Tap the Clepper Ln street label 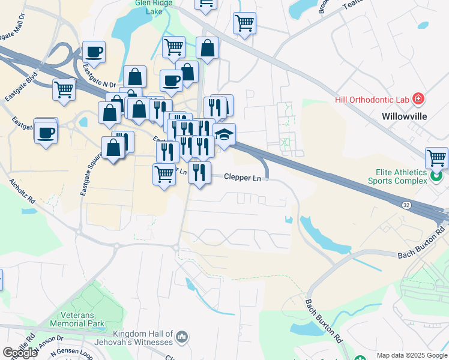tap(243, 178)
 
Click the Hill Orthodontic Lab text tap(372, 100)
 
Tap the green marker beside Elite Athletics tap(438, 176)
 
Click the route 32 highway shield tap(406, 205)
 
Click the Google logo tap(20, 353)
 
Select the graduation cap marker tap(224, 136)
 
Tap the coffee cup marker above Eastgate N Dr tap(94, 52)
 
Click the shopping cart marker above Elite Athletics tap(436, 158)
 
